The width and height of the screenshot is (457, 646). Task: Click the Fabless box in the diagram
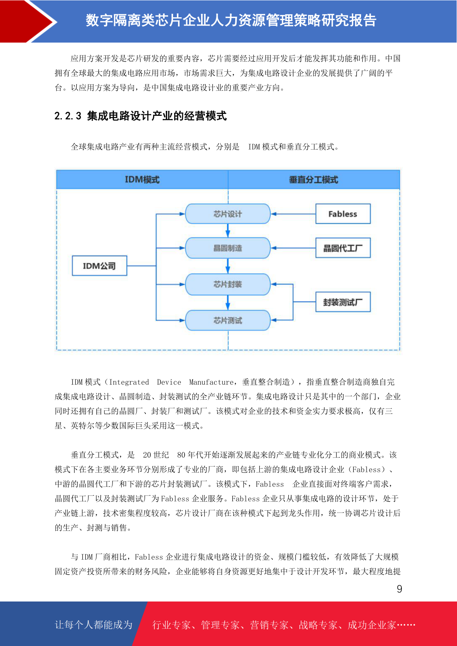point(343,214)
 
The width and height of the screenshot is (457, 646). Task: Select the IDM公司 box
point(99,265)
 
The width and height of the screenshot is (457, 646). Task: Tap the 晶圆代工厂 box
point(343,248)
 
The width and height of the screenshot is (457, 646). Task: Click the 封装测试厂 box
point(343,302)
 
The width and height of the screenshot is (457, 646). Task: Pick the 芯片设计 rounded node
point(228,214)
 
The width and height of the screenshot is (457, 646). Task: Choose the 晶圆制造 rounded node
point(228,248)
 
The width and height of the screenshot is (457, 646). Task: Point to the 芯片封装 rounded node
point(228,284)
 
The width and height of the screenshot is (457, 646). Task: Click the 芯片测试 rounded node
point(228,320)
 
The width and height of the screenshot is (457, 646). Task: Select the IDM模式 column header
point(142,180)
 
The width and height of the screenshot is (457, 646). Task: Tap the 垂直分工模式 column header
point(314,180)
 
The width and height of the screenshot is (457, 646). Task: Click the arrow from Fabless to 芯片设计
point(293,214)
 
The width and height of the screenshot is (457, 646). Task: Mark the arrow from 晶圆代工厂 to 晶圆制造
point(293,248)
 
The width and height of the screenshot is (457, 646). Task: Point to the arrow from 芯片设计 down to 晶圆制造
point(228,231)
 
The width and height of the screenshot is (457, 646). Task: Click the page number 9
point(399,588)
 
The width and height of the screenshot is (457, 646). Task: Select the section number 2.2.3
point(68,116)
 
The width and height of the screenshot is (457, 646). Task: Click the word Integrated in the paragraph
point(129,382)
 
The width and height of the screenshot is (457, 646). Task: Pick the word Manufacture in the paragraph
point(211,382)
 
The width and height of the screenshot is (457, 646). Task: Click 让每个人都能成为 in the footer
point(94,625)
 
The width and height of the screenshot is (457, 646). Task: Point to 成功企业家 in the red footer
point(371,625)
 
